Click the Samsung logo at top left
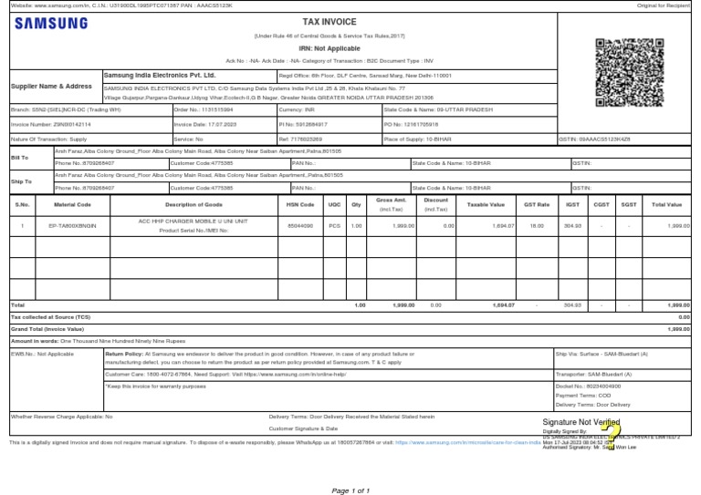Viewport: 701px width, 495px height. click(50, 24)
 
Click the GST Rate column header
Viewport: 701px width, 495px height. click(536, 204)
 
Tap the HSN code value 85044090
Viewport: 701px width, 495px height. click(299, 224)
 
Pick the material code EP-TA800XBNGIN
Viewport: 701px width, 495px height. click(72, 224)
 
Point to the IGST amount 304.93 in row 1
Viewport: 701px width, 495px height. click(572, 224)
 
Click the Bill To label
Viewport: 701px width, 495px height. click(19, 158)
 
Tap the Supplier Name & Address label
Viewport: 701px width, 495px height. click(51, 86)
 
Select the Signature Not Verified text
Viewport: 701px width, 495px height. click(581, 423)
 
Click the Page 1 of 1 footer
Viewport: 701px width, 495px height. click(350, 490)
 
